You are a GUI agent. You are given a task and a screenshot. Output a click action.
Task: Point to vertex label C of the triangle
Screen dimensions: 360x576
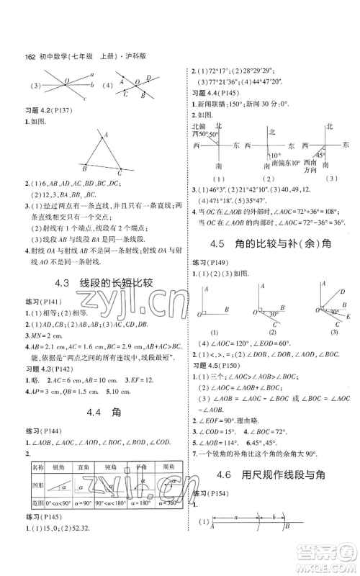[x=120, y=174]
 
